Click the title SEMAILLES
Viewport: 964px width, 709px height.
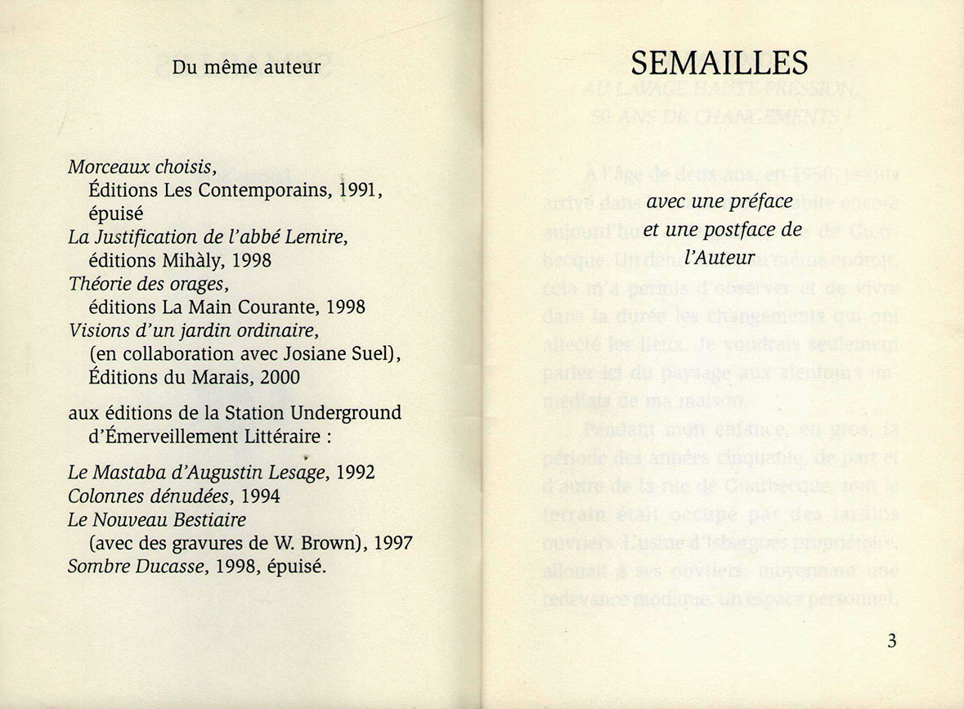pos(720,63)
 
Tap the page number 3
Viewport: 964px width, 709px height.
pos(891,640)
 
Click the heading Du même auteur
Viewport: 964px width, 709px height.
pos(246,67)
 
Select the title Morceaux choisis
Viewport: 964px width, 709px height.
pos(141,168)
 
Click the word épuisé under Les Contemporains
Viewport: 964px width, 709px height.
pos(115,214)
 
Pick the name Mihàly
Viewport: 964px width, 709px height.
pos(196,261)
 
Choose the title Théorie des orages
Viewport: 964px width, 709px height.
pos(146,285)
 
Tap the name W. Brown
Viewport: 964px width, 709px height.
pos(315,542)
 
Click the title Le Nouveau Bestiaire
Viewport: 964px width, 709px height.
pos(157,519)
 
